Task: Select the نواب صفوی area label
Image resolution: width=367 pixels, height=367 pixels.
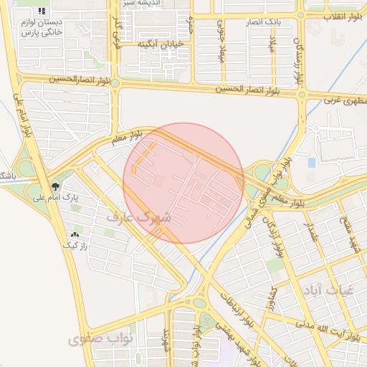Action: pos(97,338)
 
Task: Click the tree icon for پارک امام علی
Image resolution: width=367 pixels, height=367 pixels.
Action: pos(56,186)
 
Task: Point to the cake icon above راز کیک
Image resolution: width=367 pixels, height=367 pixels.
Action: pos(75,234)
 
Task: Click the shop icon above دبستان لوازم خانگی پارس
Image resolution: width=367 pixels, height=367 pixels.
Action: pos(42,11)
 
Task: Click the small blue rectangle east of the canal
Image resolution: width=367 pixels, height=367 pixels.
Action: pos(311,163)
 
